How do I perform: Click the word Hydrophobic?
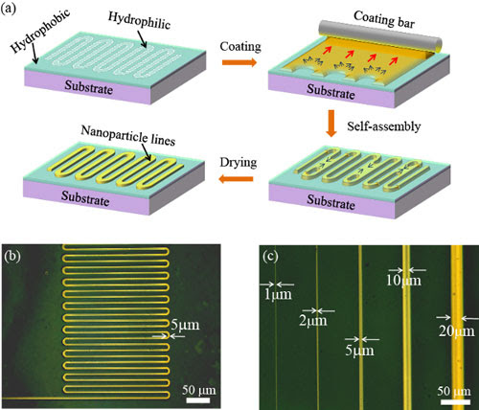click(40, 31)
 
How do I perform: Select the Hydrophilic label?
click(139, 20)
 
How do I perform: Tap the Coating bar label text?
click(384, 19)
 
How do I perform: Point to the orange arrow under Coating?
click(239, 62)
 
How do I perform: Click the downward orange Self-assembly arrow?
click(331, 124)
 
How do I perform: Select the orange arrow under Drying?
click(236, 179)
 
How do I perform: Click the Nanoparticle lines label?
click(128, 135)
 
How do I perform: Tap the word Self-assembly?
click(384, 126)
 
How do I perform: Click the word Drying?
click(239, 162)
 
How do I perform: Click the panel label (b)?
click(12, 257)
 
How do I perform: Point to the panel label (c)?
click(270, 257)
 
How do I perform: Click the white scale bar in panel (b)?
click(198, 400)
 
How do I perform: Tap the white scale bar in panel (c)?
click(454, 401)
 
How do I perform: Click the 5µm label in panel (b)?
click(185, 325)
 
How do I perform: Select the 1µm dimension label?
click(278, 295)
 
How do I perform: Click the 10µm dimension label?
click(403, 281)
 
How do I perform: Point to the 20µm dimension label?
click(457, 331)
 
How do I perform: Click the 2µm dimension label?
click(313, 321)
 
